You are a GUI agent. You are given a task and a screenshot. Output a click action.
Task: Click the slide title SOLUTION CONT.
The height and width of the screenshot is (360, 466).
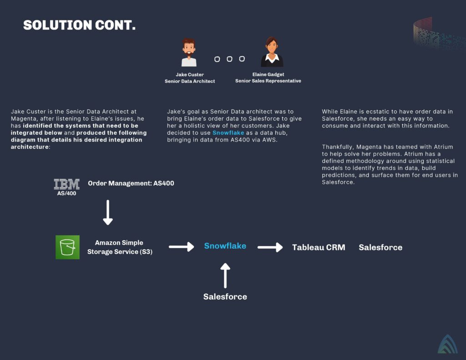(x=79, y=25)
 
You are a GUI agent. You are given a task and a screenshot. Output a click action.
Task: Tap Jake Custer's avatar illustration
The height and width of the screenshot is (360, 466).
(x=189, y=52)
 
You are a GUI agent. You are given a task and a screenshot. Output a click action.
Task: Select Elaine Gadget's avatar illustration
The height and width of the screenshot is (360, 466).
(x=272, y=52)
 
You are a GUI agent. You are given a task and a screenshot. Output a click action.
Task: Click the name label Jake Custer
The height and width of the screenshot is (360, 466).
(x=190, y=74)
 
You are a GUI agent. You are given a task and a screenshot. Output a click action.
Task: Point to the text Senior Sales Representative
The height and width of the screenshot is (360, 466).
(x=268, y=81)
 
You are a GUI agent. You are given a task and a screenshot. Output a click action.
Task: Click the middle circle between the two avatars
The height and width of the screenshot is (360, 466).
(x=229, y=59)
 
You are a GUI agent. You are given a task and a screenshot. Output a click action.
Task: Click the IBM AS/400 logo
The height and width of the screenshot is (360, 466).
(x=66, y=187)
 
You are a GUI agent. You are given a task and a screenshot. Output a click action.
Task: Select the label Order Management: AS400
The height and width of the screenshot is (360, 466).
(x=131, y=183)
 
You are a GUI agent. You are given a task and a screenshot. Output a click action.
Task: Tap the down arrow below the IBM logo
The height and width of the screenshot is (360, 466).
(x=108, y=213)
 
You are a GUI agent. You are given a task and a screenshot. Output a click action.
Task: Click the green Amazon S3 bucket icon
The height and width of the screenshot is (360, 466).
(x=67, y=247)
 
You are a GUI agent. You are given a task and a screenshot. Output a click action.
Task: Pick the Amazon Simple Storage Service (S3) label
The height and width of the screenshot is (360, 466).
(x=120, y=247)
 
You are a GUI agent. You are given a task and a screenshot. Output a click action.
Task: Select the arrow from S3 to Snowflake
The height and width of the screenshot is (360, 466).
(x=181, y=247)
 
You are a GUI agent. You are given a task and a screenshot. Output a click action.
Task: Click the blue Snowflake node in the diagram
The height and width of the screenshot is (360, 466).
(x=225, y=246)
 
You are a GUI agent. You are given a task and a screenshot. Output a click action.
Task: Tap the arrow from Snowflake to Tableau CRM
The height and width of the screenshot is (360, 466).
(x=270, y=247)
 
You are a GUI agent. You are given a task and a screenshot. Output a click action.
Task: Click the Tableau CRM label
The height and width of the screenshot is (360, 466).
(x=319, y=248)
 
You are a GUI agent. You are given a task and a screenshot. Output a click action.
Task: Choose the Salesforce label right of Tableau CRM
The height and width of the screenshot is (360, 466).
(x=380, y=248)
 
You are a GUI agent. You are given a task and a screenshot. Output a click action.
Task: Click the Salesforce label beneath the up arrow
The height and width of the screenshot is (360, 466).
(x=225, y=297)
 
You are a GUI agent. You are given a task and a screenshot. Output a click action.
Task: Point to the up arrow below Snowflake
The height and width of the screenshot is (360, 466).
(x=225, y=275)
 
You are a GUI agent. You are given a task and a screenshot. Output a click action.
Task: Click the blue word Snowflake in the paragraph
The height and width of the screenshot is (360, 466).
(x=228, y=132)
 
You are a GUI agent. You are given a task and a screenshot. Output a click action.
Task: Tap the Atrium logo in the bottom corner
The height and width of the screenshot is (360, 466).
(x=447, y=344)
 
